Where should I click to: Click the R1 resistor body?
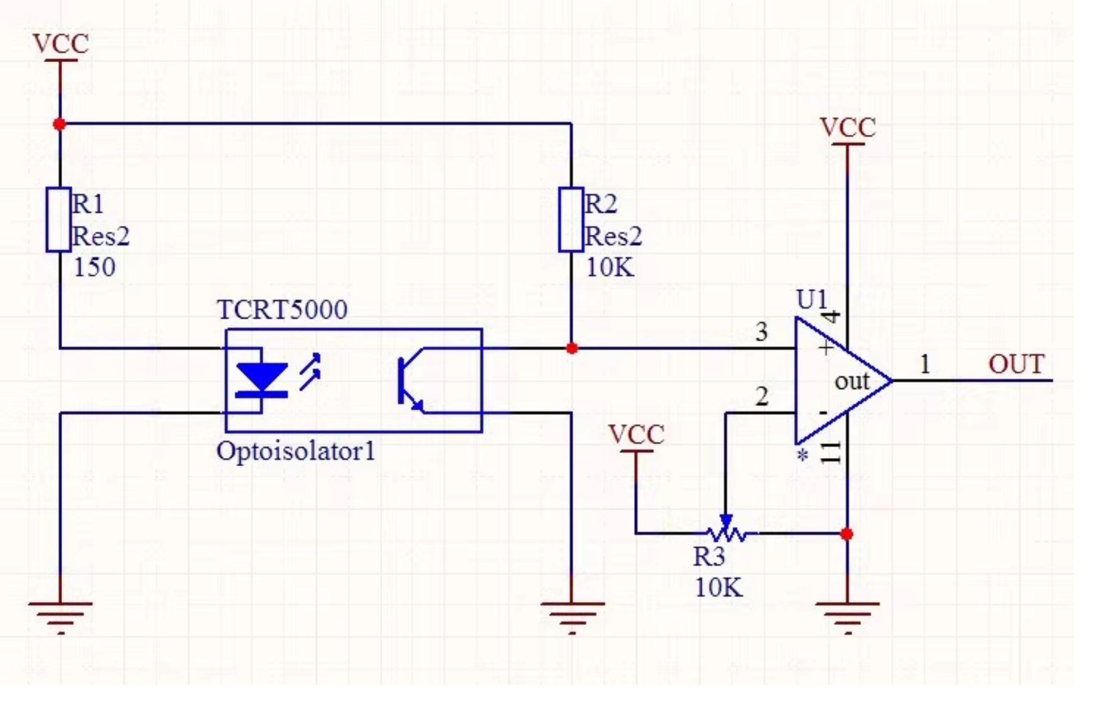[59, 220]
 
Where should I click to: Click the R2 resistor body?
[571, 220]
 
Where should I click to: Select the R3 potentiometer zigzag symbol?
[726, 529]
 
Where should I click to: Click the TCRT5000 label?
[282, 310]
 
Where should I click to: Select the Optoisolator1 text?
[295, 452]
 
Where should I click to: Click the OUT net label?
[1016, 365]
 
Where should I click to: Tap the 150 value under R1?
[94, 267]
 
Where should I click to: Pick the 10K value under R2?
[610, 267]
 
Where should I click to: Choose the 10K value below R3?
[719, 587]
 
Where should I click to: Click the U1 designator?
[811, 301]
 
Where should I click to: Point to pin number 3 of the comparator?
[762, 332]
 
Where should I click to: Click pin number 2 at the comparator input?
[762, 397]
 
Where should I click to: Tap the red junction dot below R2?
[571, 349]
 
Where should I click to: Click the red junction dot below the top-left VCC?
[59, 124]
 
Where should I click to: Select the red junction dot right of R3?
[847, 534]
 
